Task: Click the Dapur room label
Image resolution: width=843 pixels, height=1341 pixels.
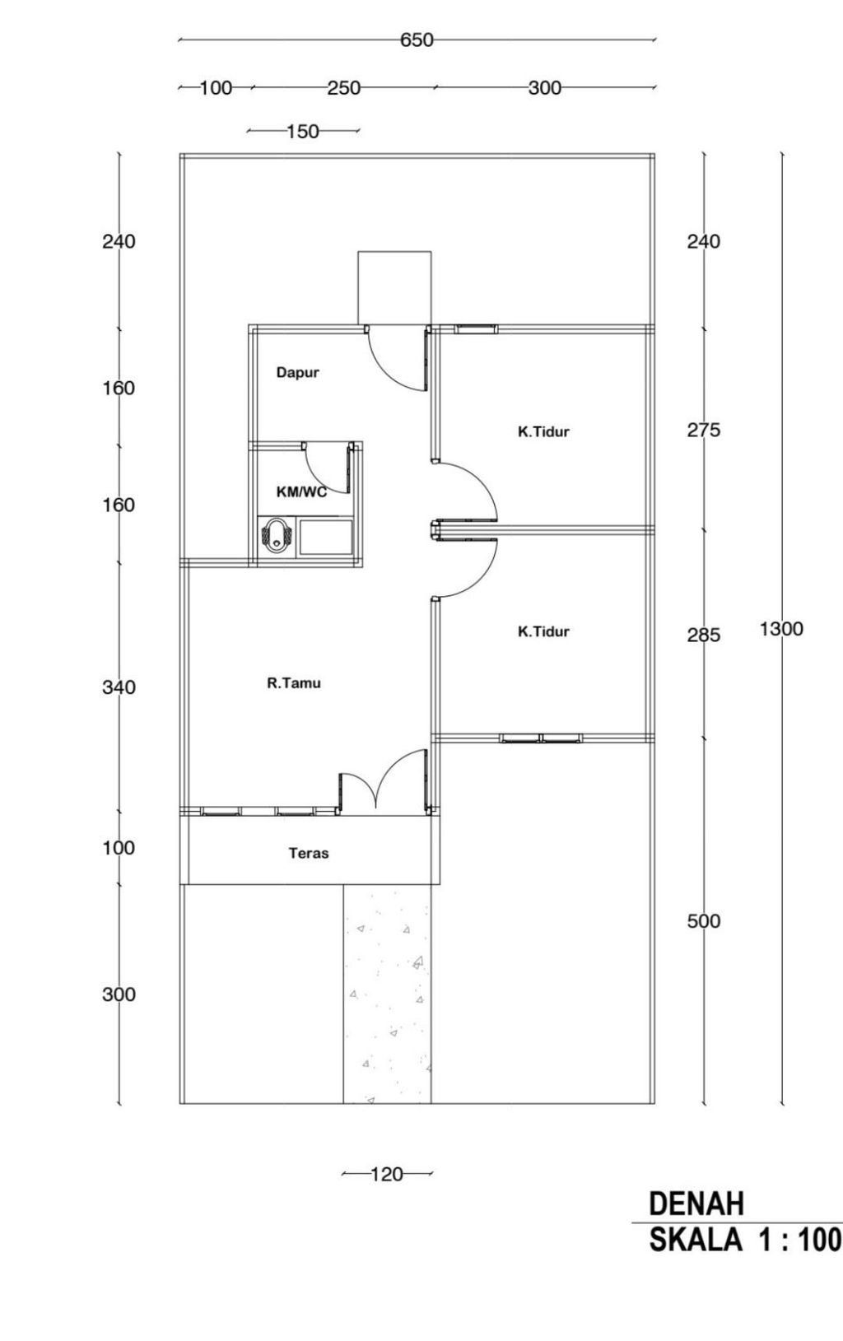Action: tap(297, 372)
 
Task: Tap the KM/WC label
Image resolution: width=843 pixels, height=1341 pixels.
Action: tap(302, 492)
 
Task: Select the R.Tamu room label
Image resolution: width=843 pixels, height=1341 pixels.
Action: tap(294, 683)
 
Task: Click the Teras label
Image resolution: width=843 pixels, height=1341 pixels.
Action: tap(309, 853)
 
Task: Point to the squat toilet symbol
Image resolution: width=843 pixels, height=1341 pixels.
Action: tap(277, 537)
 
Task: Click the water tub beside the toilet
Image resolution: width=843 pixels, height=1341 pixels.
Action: tap(326, 538)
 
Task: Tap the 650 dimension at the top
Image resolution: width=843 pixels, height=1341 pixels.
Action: tap(417, 40)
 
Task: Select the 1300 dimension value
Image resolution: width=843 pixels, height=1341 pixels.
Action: tap(781, 629)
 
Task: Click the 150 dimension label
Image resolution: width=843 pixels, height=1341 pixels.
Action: tap(303, 131)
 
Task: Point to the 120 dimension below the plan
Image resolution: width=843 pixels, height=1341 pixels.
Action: tap(387, 1175)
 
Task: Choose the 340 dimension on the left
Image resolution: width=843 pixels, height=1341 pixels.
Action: tap(119, 687)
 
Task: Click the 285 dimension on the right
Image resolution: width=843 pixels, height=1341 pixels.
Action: tap(704, 636)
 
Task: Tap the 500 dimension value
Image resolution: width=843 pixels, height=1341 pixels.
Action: tap(704, 921)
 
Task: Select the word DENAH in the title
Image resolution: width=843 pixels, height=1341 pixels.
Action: tap(696, 1204)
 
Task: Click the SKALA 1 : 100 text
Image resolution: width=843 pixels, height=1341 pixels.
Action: tap(745, 1240)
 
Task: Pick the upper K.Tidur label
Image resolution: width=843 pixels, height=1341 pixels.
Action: tap(543, 431)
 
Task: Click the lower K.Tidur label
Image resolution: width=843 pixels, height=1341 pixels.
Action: tap(543, 631)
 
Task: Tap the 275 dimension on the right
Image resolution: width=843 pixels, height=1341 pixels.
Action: tap(704, 431)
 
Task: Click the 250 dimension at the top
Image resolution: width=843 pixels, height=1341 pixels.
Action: tap(343, 88)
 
